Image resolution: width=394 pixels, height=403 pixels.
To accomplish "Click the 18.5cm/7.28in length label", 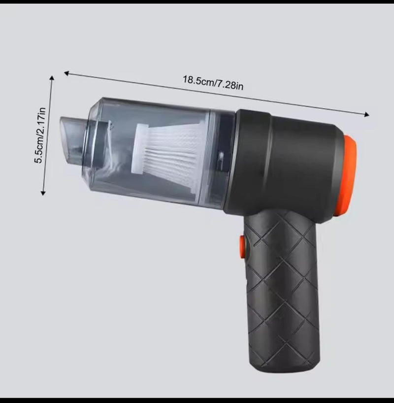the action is pos(213,82).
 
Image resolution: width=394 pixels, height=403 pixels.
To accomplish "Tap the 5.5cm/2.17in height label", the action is pos(40,135).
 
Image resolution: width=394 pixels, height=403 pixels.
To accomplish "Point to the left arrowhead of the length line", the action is pos(66,73).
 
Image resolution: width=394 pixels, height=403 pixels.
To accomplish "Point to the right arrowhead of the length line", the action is pos(366,114).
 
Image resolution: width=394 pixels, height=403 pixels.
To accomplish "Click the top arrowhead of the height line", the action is pos(52,78).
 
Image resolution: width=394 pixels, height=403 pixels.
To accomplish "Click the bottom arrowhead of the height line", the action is pos(43,193).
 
